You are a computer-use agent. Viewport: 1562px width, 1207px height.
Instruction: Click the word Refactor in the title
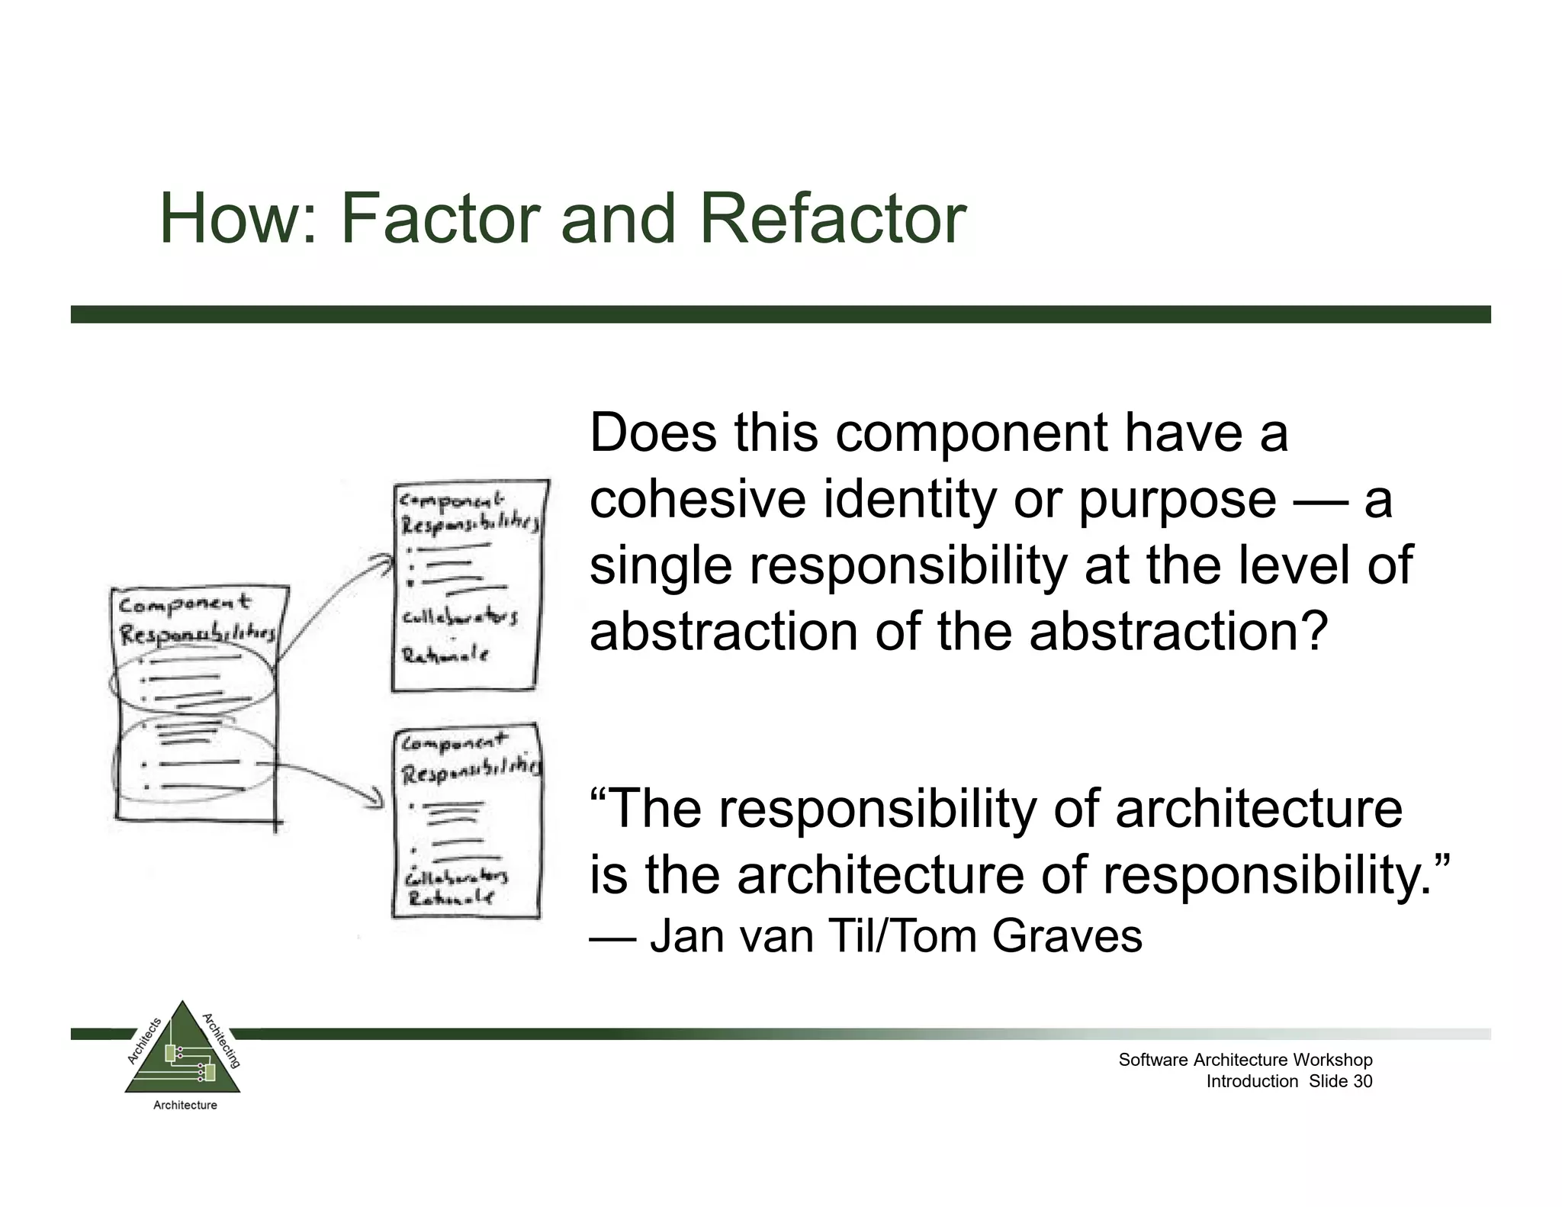[x=833, y=219]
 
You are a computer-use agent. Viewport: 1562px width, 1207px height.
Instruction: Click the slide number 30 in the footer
[x=1363, y=1081]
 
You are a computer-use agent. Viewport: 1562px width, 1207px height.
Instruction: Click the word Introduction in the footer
[x=1252, y=1081]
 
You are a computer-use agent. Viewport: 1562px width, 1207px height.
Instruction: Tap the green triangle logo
[x=182, y=1053]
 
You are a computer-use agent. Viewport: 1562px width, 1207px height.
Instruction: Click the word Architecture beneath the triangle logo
[x=185, y=1105]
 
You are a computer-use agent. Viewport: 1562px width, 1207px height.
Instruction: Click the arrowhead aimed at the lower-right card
[x=377, y=800]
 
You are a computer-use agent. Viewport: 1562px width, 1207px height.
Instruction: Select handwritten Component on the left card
[x=184, y=604]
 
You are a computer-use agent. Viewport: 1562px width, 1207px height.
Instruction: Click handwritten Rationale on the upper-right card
[x=445, y=655]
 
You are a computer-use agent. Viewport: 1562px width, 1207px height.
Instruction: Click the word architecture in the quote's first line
[x=1258, y=809]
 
